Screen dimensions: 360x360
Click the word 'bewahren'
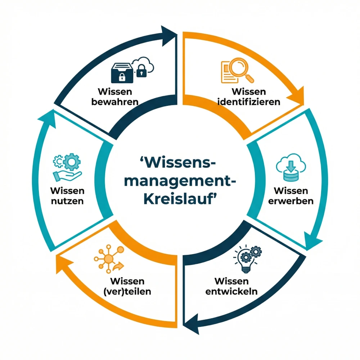pyautogui.click(x=115, y=102)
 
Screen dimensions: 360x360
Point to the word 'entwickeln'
pyautogui.click(x=231, y=291)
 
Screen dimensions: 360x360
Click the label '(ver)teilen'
pyautogui.click(x=130, y=291)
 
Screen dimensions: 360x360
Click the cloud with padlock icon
pyautogui.click(x=143, y=66)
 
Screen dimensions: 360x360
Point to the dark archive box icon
pyautogui.click(x=122, y=72)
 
